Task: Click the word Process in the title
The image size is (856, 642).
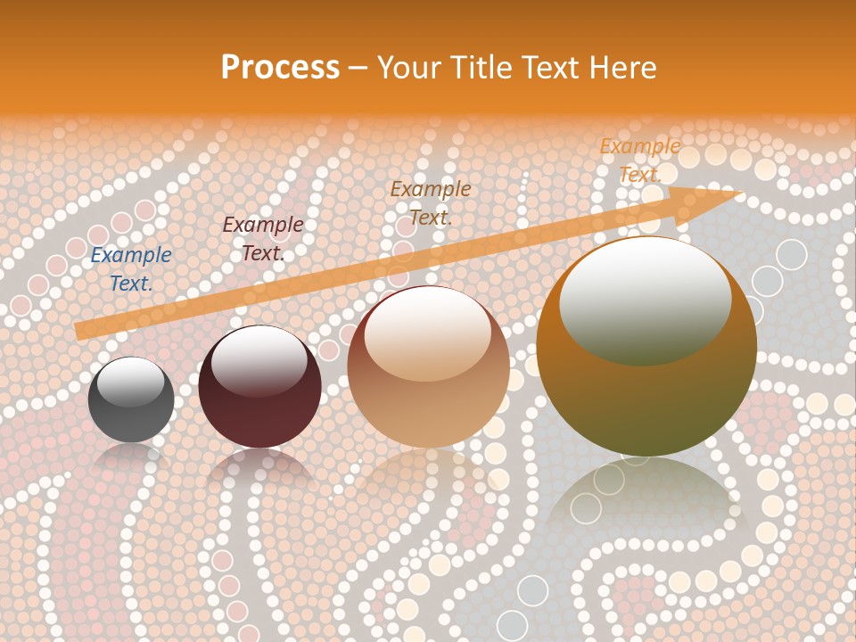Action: (x=280, y=68)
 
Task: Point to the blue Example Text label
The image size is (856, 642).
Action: (x=131, y=269)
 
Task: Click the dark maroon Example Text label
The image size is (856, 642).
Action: (x=262, y=239)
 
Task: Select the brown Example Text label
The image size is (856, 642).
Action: (x=431, y=202)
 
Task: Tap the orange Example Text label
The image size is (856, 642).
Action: (x=640, y=160)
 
